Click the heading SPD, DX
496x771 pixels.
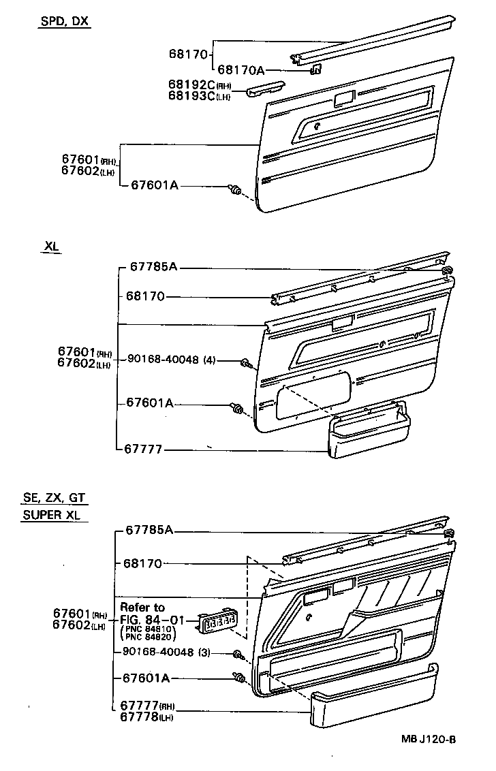tap(63, 21)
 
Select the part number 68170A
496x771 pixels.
tap(241, 69)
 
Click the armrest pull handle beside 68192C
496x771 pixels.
tap(265, 90)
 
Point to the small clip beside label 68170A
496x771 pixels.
tap(315, 67)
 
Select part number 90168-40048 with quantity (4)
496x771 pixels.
tap(170, 360)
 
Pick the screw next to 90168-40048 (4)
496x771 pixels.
tap(245, 364)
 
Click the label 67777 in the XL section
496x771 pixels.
tap(144, 449)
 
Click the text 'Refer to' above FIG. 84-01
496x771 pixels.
tap(142, 608)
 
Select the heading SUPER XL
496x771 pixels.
tap(51, 515)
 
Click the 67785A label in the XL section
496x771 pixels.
tap(153, 267)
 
